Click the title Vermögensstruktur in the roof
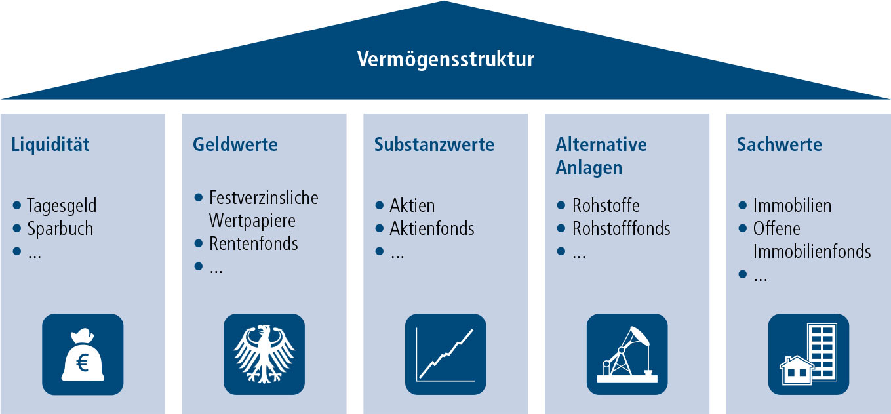[446, 60]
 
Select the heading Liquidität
[50, 144]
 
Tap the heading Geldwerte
[235, 144]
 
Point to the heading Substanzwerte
[435, 144]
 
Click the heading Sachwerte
[780, 144]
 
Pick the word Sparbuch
[60, 229]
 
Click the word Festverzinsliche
[264, 198]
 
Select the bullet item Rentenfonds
[253, 243]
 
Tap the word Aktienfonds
[432, 228]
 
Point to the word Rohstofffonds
[622, 228]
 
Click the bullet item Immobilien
[793, 206]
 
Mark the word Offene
[777, 228]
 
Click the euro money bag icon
[83, 354]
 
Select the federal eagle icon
[264, 354]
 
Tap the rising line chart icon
[446, 354]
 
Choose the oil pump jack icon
[627, 354]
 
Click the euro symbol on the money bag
[82, 363]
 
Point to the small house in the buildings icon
[796, 371]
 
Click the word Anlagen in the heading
[589, 168]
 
